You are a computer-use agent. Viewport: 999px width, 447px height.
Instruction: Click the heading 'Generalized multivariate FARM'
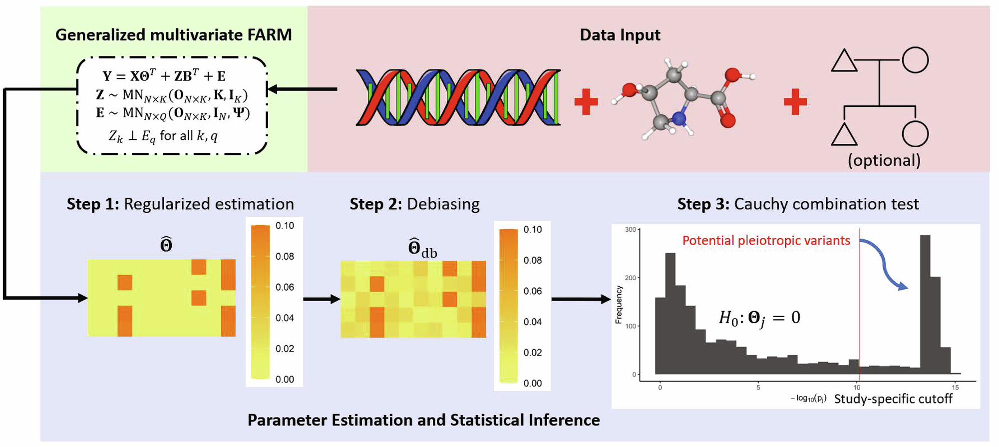(x=173, y=35)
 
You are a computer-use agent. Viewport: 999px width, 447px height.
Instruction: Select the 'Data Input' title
(x=620, y=35)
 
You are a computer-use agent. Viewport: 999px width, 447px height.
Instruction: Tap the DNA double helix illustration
(x=458, y=97)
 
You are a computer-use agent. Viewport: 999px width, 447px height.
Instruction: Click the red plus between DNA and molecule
(x=586, y=102)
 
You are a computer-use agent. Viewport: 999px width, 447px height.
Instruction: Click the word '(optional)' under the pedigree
(x=884, y=160)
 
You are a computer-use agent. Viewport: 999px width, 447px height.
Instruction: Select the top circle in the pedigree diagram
(x=915, y=60)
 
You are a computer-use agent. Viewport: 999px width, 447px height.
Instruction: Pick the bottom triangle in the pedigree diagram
(x=844, y=135)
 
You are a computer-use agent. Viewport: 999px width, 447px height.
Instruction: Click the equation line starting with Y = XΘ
(x=164, y=76)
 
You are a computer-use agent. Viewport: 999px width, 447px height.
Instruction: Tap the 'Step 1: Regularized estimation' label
(x=180, y=204)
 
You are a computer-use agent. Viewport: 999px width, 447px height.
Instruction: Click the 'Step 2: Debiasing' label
(x=414, y=204)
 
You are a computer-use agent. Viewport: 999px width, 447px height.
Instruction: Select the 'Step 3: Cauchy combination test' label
(x=797, y=204)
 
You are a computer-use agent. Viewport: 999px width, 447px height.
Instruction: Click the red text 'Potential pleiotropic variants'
(x=766, y=241)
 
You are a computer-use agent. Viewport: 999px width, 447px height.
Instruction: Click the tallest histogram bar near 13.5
(x=925, y=305)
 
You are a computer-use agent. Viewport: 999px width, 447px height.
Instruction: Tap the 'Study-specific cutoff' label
(x=893, y=399)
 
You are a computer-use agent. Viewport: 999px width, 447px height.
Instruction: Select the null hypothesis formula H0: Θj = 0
(x=759, y=318)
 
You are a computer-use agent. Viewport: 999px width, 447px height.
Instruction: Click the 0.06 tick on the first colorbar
(x=285, y=287)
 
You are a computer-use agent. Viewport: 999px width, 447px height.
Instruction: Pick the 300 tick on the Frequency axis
(x=631, y=230)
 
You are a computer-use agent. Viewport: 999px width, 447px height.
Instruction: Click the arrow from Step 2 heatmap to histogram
(x=580, y=299)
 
